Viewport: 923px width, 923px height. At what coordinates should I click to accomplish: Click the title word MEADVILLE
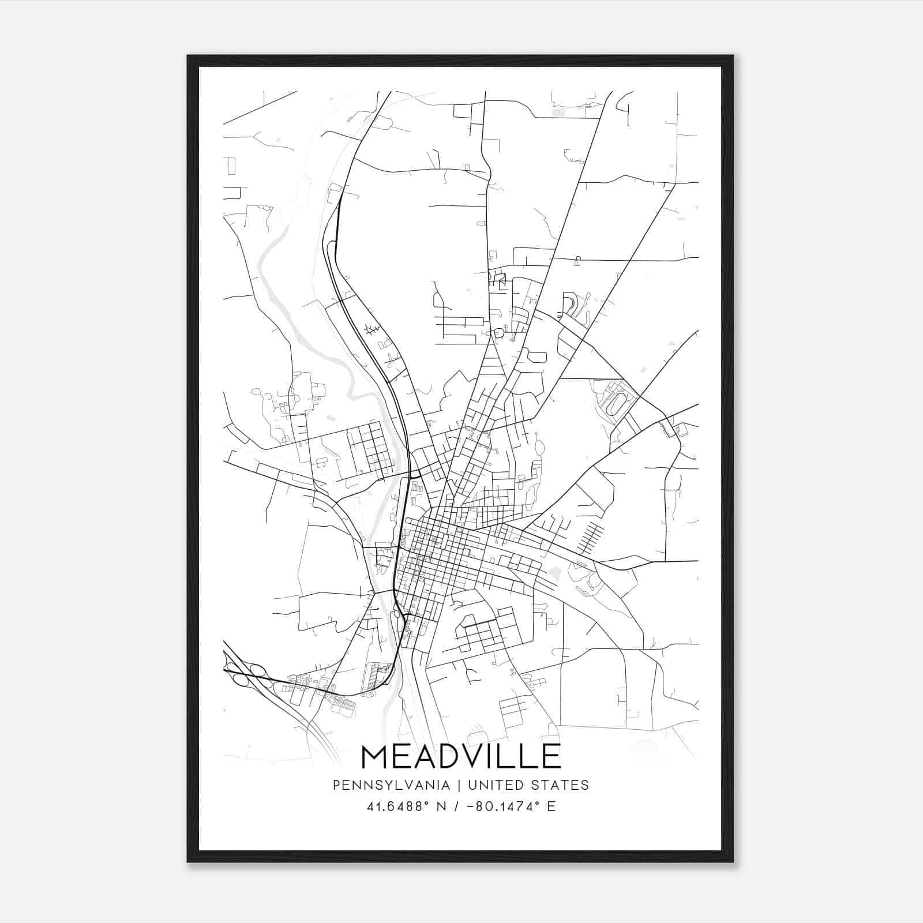click(461, 756)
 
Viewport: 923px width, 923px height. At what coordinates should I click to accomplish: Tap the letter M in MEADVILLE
click(376, 756)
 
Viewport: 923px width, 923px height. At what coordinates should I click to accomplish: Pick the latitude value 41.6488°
click(399, 806)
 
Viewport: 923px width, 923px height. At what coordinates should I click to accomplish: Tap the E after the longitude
click(551, 806)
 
